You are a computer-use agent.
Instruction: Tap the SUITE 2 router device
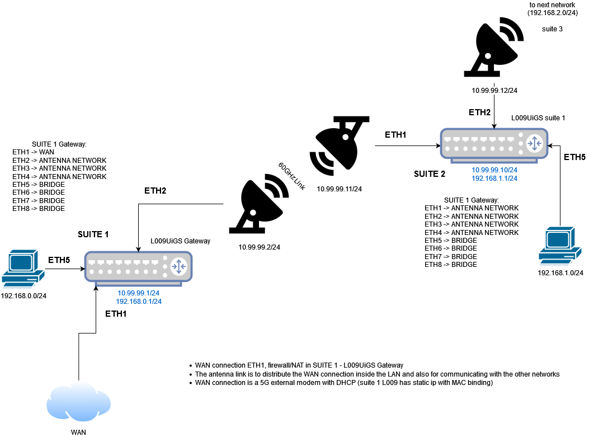coord(493,143)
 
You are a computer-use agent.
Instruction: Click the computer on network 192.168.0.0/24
coord(23,269)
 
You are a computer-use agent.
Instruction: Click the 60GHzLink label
coord(291,175)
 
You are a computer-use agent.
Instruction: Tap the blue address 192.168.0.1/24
coord(139,302)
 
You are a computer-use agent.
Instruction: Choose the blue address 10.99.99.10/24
coord(494,170)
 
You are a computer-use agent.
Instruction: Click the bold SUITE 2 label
coord(430,174)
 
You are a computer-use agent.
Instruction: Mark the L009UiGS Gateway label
coord(180,241)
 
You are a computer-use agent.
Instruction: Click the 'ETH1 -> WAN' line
coord(33,152)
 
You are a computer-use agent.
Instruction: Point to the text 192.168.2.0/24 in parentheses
coord(553,13)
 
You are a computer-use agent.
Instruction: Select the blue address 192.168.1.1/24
coord(494,178)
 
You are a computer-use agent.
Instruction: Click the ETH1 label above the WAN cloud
coord(116,314)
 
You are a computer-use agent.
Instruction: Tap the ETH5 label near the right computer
coord(574,157)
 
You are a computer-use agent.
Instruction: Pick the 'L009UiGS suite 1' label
coord(538,119)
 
